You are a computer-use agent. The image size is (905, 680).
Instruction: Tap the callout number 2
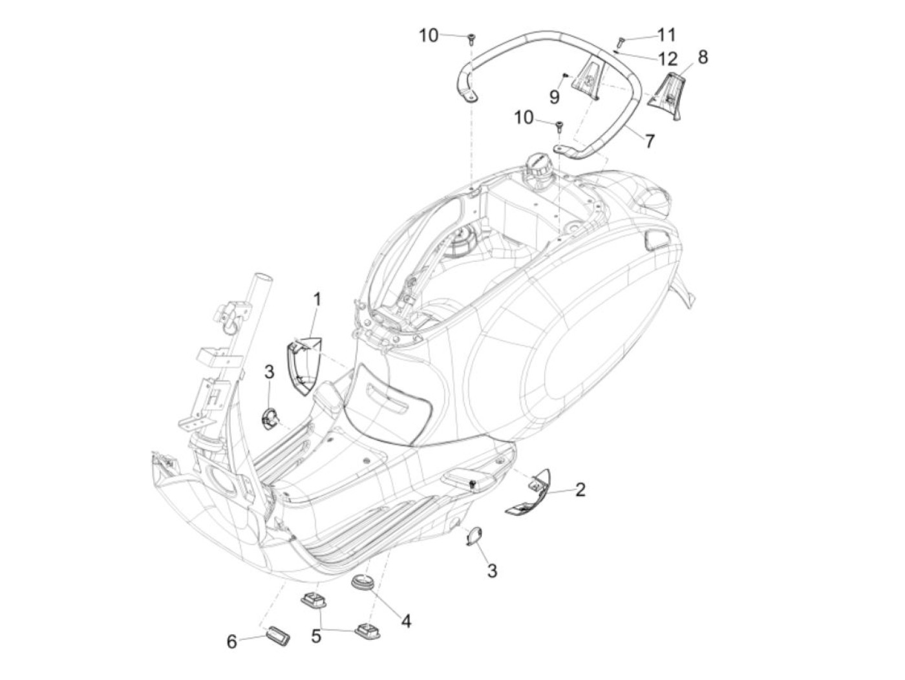click(580, 490)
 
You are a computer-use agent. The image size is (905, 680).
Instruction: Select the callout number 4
click(405, 621)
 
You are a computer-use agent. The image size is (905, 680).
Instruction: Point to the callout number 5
click(316, 636)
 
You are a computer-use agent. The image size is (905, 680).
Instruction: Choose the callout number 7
click(649, 140)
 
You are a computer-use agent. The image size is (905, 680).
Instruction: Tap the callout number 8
click(703, 57)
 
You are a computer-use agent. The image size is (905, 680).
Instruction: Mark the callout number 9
click(554, 97)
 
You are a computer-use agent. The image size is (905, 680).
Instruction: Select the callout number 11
click(666, 34)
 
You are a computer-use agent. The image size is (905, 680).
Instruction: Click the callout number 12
click(667, 59)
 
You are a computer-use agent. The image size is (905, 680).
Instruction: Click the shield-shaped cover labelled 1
click(304, 367)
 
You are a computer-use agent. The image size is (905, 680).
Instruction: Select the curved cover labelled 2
click(527, 494)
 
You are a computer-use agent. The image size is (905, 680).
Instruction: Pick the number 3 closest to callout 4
click(492, 571)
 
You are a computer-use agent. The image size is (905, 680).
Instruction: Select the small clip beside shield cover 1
click(269, 418)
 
